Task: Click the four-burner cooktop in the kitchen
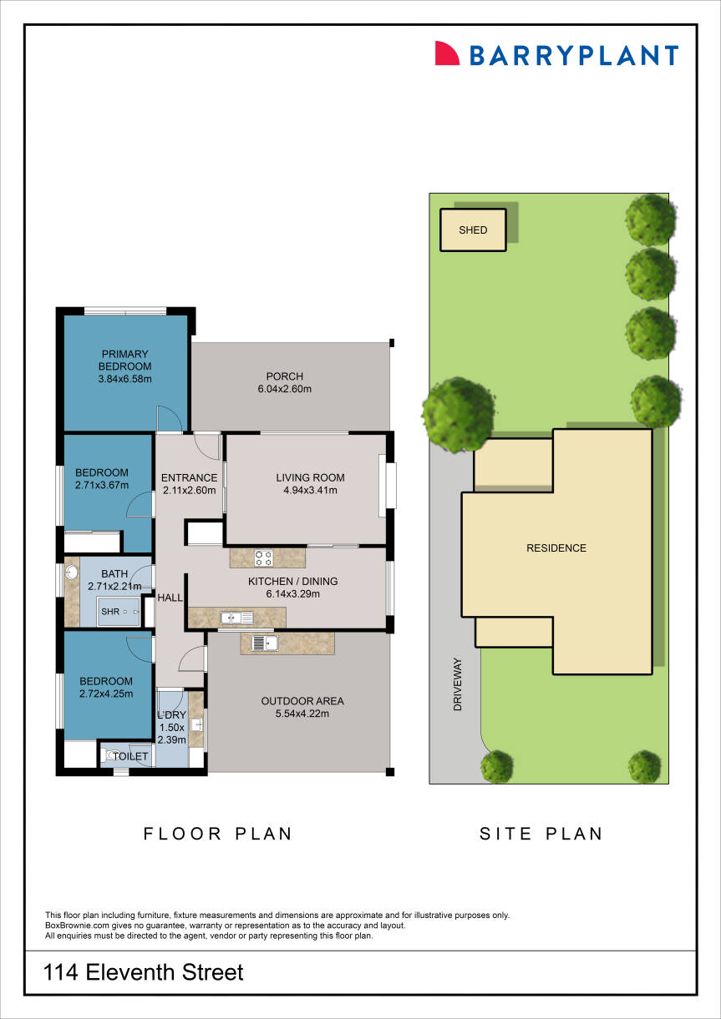pos(263,557)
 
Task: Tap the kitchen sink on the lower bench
pos(230,618)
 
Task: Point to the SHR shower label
pos(110,612)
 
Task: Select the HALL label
pos(170,598)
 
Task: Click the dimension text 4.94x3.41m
pos(310,491)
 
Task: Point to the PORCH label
pos(284,376)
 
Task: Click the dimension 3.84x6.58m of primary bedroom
pos(124,380)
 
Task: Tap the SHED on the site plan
pos(473,230)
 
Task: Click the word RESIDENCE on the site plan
pos(556,548)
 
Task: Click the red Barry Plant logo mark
pos(448,53)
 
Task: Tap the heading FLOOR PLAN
pos(218,833)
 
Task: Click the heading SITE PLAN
pos(541,833)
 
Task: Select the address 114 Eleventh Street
pos(144,972)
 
